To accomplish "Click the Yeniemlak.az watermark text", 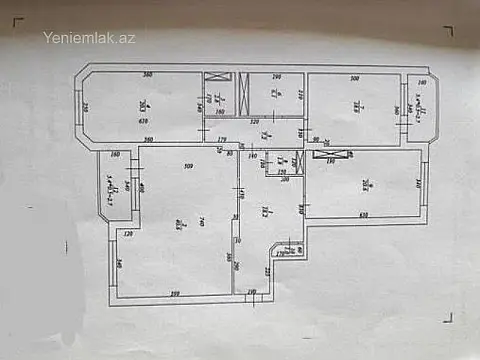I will pyautogui.click(x=89, y=38).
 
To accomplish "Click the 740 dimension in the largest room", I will pyautogui.click(x=201, y=221).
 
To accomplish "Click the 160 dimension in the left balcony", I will pyautogui.click(x=115, y=155).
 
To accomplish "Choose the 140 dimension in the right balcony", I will pyautogui.click(x=422, y=82).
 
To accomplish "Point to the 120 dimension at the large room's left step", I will pyautogui.click(x=128, y=234).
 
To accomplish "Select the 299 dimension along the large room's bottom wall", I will pyautogui.click(x=174, y=293).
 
